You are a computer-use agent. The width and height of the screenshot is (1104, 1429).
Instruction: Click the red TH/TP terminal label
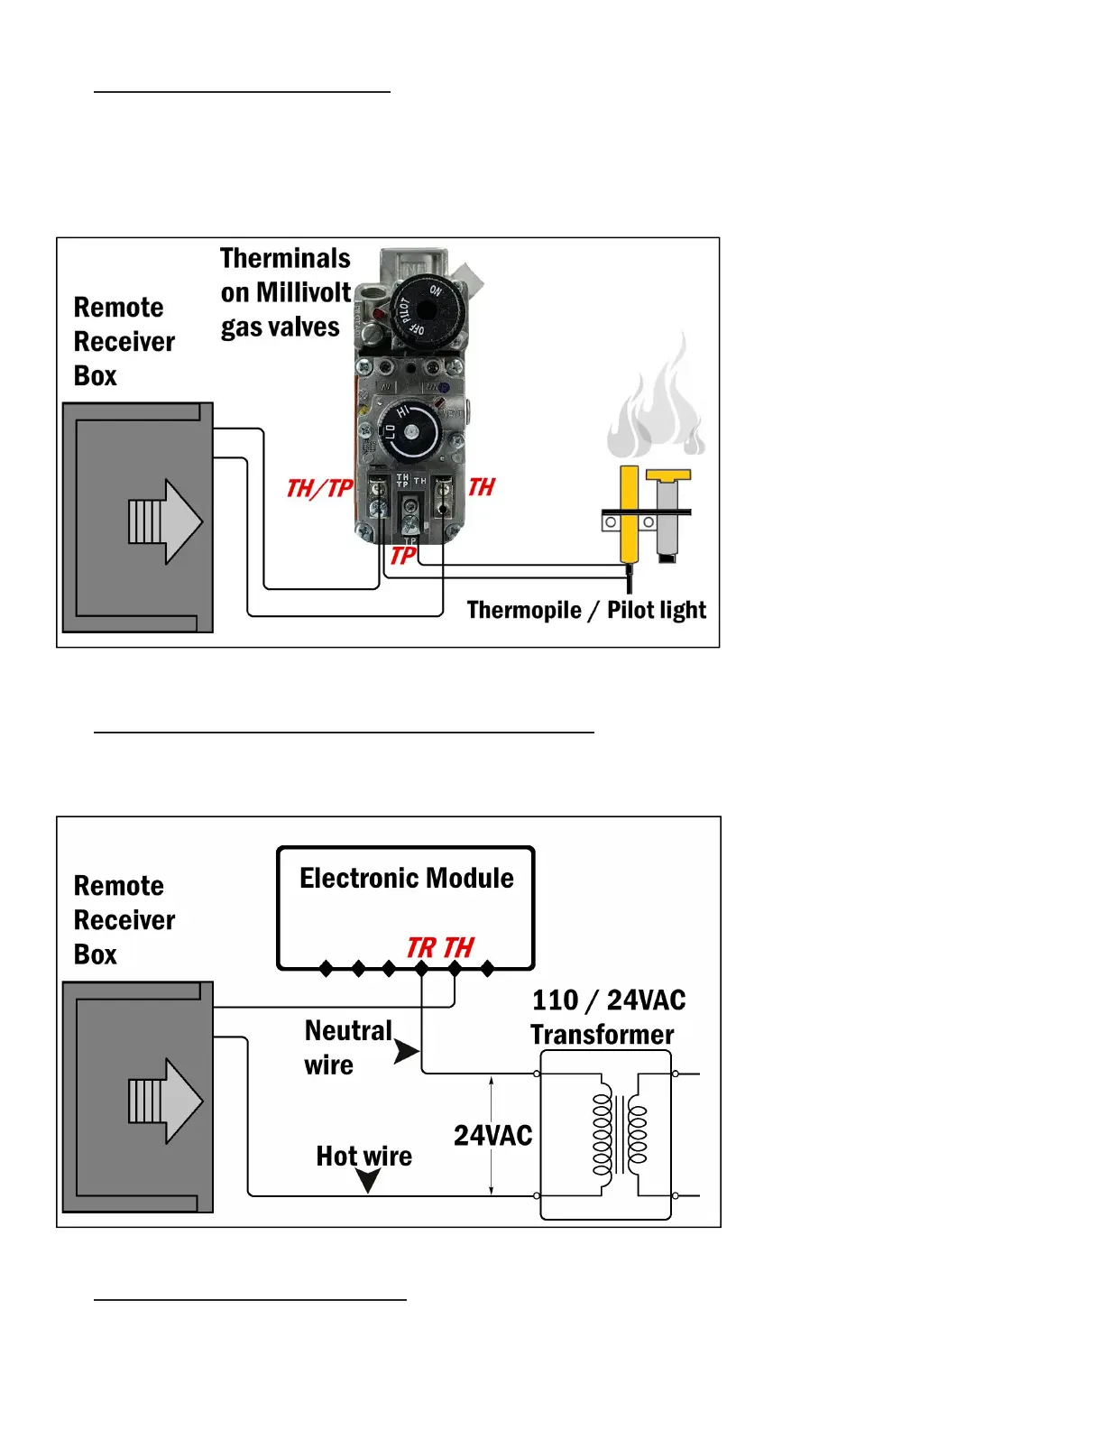pyautogui.click(x=318, y=488)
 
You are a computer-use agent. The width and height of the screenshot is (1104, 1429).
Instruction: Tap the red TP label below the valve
pyautogui.click(x=402, y=556)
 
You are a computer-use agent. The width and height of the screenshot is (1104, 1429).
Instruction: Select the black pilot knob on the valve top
pyautogui.click(x=423, y=309)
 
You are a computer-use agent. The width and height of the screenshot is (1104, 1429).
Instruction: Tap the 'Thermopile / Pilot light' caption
pyautogui.click(x=586, y=611)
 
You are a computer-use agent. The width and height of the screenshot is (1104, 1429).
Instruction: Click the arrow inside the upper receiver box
pyautogui.click(x=165, y=521)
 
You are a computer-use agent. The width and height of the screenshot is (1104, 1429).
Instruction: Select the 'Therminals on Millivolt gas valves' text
pyautogui.click(x=285, y=292)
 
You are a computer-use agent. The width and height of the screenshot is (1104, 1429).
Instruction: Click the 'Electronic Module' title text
pyautogui.click(x=406, y=878)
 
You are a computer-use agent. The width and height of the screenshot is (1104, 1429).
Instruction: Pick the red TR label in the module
pyautogui.click(x=420, y=947)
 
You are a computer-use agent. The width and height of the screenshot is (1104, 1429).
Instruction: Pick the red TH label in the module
pyautogui.click(x=458, y=947)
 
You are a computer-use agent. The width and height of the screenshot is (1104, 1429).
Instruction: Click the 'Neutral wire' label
pyautogui.click(x=347, y=1047)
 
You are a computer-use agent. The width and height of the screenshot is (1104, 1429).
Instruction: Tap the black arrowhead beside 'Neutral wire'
pyautogui.click(x=407, y=1051)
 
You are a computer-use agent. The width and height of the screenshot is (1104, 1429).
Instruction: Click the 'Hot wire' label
pyautogui.click(x=363, y=1156)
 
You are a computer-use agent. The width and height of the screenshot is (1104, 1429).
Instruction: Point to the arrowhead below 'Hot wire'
pyautogui.click(x=368, y=1180)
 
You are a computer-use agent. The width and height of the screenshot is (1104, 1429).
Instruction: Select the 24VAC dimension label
pyautogui.click(x=492, y=1135)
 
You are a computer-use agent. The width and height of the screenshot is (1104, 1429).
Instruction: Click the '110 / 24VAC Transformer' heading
pyautogui.click(x=606, y=1017)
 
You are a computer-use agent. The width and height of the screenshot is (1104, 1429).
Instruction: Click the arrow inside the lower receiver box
pyautogui.click(x=165, y=1101)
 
